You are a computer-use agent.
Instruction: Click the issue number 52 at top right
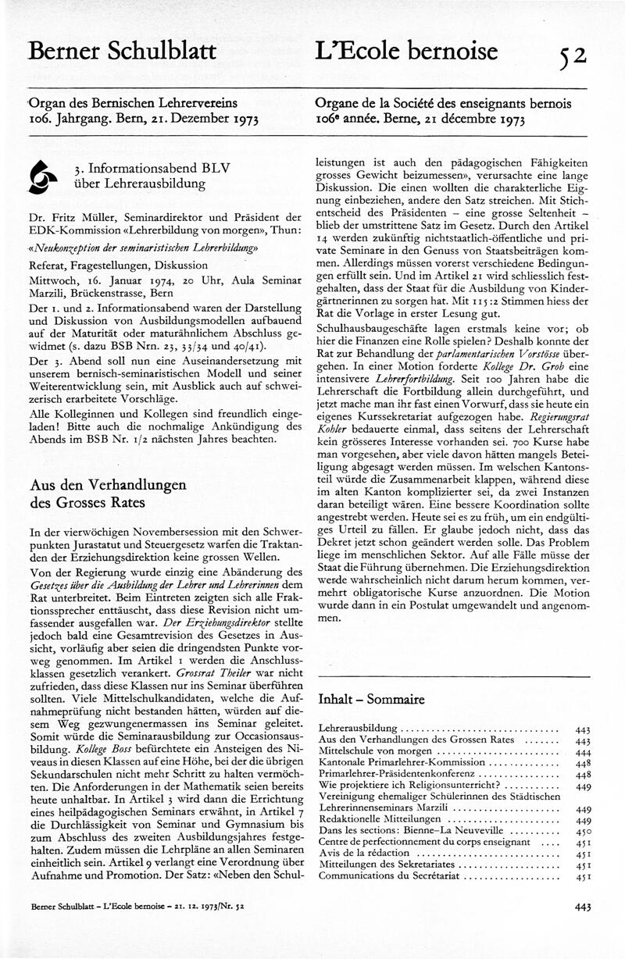tap(572, 55)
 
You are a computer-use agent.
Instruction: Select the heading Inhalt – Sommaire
tap(371, 699)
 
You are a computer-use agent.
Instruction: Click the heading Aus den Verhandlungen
tap(108, 485)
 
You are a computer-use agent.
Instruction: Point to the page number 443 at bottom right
tap(582, 907)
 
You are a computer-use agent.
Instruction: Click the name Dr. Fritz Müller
tap(65, 216)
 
